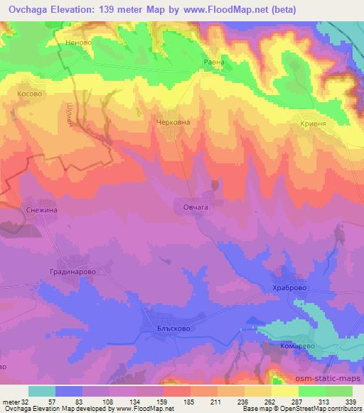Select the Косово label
[x=31, y=93]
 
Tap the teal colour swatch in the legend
[x=42, y=392]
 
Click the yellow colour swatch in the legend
[x=285, y=392]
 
